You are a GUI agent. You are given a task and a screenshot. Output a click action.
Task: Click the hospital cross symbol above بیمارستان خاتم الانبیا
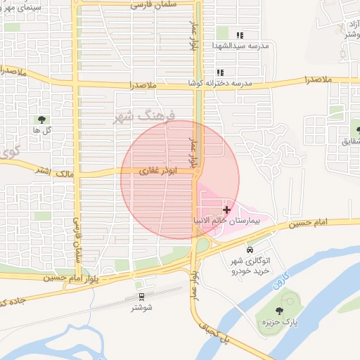tap(226, 210)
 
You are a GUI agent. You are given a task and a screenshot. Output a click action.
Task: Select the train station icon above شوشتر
tap(141, 297)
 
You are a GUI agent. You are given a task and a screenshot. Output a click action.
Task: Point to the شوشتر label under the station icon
tap(141, 307)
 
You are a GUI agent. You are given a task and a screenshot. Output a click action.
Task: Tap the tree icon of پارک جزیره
tap(281, 309)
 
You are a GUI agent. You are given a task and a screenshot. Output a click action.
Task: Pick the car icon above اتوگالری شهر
tap(250, 250)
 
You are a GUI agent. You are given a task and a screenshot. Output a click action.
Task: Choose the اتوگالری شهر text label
tap(249, 261)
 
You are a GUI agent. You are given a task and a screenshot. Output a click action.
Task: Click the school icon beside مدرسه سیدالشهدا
tap(240, 35)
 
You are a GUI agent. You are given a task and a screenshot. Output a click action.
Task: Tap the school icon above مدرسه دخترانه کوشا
tap(220, 72)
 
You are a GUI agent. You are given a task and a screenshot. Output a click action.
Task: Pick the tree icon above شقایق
tap(355, 130)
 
